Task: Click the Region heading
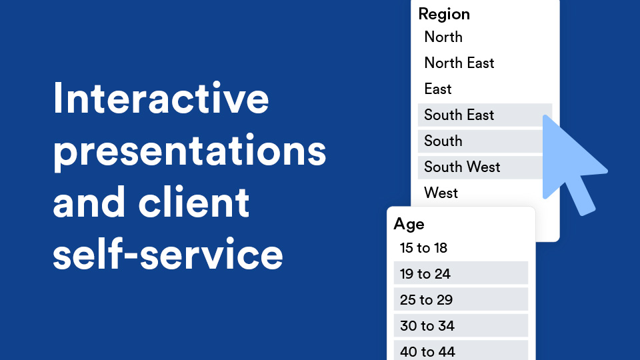(444, 15)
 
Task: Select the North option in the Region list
(443, 37)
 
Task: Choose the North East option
(459, 63)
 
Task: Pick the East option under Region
(438, 89)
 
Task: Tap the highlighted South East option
(459, 115)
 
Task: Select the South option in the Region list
(443, 141)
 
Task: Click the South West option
(462, 167)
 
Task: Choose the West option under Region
(441, 193)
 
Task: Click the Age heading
(409, 225)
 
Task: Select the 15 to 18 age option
(424, 248)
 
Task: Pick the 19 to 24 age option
(425, 274)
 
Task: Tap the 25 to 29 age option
(426, 300)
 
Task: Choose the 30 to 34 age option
(427, 326)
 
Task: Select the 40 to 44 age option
(427, 352)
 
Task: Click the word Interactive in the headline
(161, 98)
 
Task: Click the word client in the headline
(194, 201)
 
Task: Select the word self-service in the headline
(168, 253)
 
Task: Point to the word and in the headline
(89, 201)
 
